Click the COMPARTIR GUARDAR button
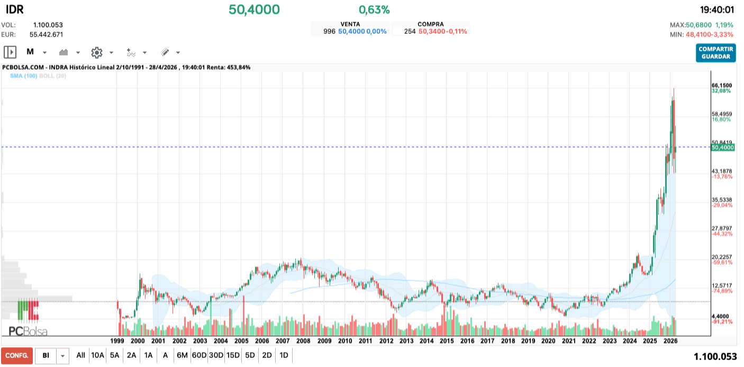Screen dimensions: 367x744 715,53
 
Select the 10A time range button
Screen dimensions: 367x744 97,355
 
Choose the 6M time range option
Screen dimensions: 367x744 182,355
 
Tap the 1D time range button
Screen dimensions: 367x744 284,355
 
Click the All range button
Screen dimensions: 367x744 80,355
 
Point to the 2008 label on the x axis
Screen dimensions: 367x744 303,341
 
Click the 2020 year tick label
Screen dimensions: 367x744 548,341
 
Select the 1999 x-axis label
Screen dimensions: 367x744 117,341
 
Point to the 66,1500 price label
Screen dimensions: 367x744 721,85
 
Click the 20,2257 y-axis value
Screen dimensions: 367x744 721,257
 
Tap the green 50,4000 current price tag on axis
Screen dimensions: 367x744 723,148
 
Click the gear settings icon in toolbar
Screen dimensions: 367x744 96,52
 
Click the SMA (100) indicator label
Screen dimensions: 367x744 23,76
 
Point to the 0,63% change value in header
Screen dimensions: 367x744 374,10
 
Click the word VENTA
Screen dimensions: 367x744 350,24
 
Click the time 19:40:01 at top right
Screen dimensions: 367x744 717,10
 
